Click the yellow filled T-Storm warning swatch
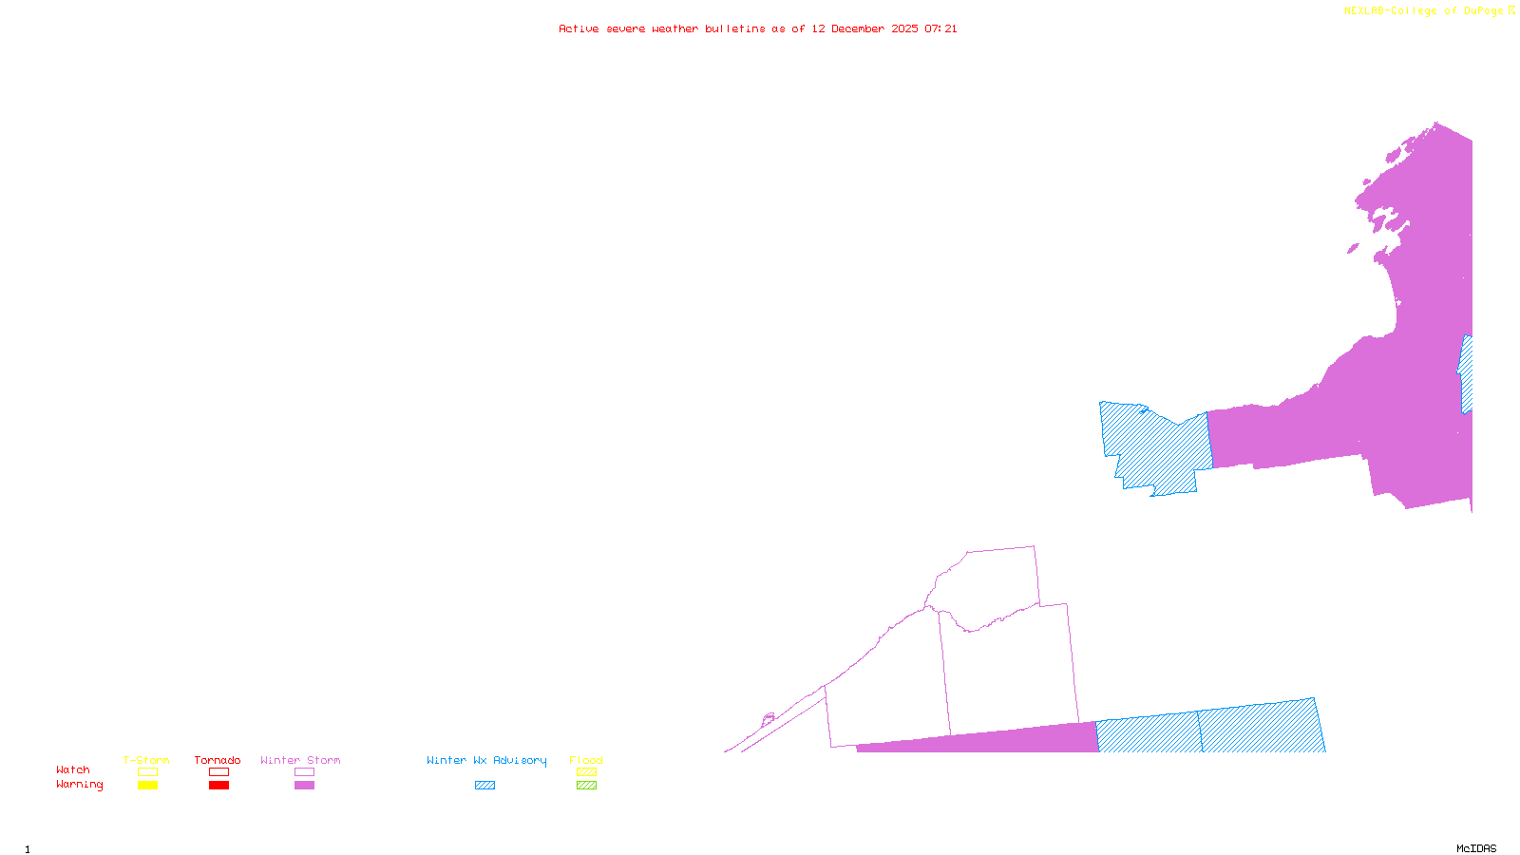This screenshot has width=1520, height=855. click(x=147, y=786)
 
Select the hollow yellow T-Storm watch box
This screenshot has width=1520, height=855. click(x=147, y=772)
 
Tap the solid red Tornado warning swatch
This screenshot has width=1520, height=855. click(x=218, y=786)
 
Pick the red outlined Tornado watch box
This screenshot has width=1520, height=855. click(x=218, y=772)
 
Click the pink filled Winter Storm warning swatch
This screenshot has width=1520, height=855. click(x=304, y=786)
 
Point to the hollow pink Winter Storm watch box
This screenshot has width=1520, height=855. click(x=304, y=772)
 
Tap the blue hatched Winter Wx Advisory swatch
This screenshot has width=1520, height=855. click(x=484, y=786)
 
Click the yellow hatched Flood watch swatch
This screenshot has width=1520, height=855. click(x=586, y=772)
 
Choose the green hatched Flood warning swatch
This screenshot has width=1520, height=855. click(x=586, y=786)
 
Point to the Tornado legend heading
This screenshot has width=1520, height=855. click(x=218, y=760)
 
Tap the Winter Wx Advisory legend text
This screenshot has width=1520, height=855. click(x=486, y=760)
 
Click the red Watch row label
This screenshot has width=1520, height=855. click(x=73, y=769)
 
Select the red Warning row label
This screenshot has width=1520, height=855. click(x=79, y=785)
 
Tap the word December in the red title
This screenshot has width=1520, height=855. click(x=859, y=28)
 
